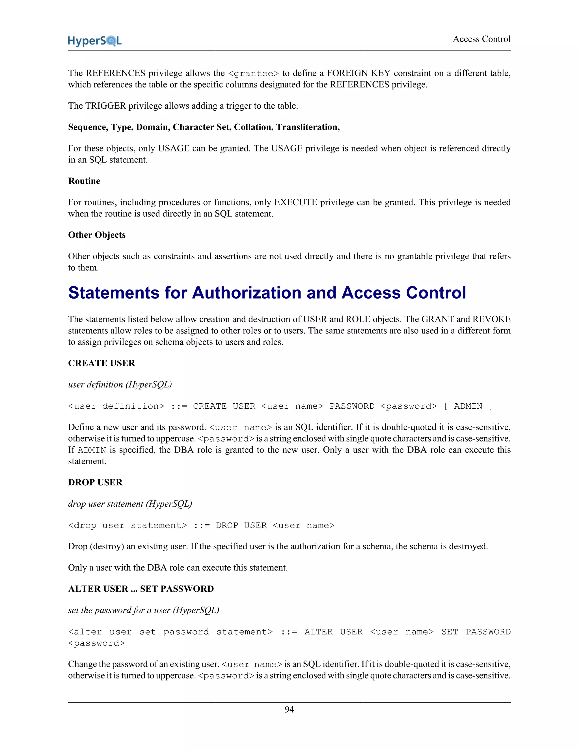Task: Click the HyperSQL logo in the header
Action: pyautogui.click(x=95, y=41)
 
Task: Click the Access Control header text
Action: pyautogui.click(x=481, y=39)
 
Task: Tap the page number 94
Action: pyautogui.click(x=289, y=709)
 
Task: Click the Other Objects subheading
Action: pyautogui.click(x=97, y=235)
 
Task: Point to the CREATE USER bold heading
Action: pyautogui.click(x=101, y=363)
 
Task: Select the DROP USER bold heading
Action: pyautogui.click(x=95, y=482)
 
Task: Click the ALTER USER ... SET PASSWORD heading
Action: pyautogui.click(x=141, y=589)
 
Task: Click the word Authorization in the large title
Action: pyautogui.click(x=246, y=293)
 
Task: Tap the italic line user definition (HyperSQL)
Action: pyautogui.click(x=120, y=385)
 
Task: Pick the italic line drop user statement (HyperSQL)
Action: pyautogui.click(x=130, y=504)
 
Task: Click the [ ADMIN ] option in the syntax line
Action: pyautogui.click(x=468, y=406)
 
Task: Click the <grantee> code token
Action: pyautogui.click(x=253, y=74)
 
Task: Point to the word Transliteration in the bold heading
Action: pyautogui.click(x=308, y=127)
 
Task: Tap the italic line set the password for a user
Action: pyautogui.click(x=143, y=610)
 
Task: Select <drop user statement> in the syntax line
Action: pyautogui.click(x=128, y=525)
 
